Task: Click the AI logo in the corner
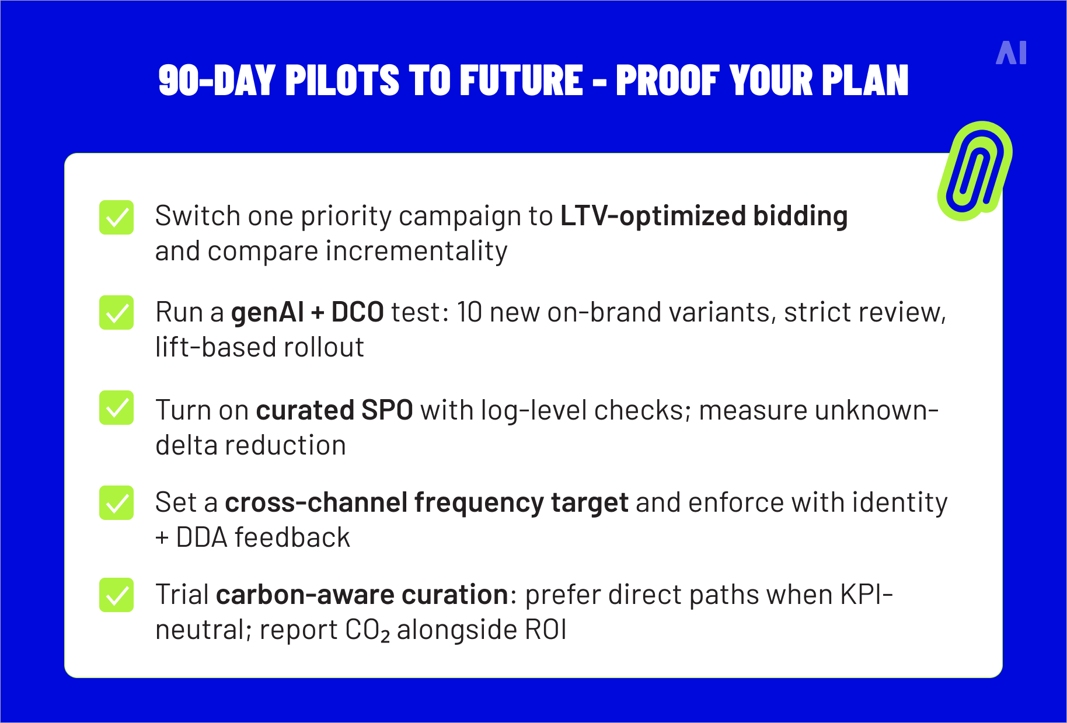tap(1011, 53)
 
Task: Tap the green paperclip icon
tap(974, 171)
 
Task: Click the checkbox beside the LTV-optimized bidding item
tap(116, 218)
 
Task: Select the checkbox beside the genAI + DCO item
tap(116, 313)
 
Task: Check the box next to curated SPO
tap(116, 408)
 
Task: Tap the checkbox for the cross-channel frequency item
tap(116, 502)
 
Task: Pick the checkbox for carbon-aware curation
tap(116, 595)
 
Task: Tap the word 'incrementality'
tap(416, 252)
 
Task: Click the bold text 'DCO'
tap(357, 313)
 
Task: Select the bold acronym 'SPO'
tap(387, 410)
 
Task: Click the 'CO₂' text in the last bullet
tap(367, 630)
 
